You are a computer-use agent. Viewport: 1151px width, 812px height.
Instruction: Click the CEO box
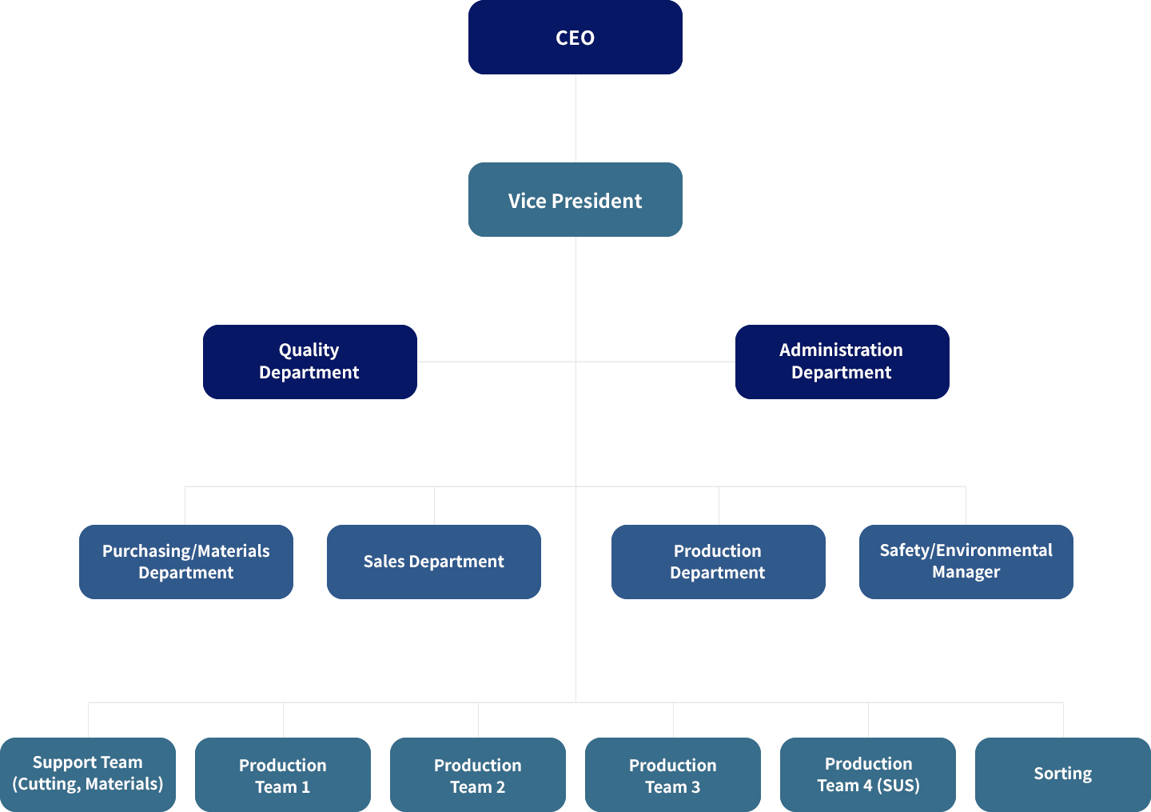575,38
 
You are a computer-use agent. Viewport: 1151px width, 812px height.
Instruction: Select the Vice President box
575,200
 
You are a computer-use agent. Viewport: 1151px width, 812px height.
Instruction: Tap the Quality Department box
309,362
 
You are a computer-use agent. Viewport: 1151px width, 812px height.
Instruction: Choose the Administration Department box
842,362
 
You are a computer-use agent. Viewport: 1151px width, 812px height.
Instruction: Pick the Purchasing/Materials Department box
185,562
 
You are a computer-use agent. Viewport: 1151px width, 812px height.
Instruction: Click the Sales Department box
433,562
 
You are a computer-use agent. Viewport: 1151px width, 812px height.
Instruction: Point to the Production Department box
718,562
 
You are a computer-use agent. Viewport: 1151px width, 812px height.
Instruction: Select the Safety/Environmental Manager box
966,562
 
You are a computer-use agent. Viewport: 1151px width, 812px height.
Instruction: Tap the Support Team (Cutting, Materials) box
87,774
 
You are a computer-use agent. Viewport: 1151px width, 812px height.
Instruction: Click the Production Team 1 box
282,775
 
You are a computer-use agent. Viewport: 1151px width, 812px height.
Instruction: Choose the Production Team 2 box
477,775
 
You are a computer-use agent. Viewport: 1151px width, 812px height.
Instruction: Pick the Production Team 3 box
672,775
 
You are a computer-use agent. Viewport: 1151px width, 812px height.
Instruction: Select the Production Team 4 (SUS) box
868,774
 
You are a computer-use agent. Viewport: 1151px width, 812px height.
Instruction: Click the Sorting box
1062,774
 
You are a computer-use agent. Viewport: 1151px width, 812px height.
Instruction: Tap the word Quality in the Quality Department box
309,350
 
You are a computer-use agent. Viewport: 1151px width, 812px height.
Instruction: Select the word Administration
841,350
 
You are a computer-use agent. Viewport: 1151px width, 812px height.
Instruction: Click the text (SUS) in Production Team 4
898,786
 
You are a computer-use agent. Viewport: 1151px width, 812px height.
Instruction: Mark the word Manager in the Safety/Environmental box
966,572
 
